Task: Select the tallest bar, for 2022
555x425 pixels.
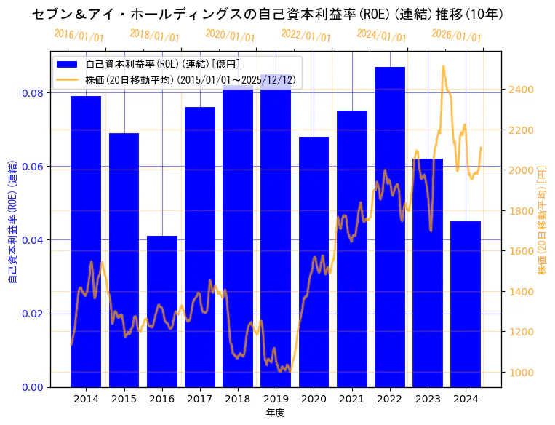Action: (390, 226)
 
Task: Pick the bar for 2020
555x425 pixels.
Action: (314, 261)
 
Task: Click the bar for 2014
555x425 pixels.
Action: (86, 241)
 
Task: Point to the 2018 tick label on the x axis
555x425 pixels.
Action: (238, 399)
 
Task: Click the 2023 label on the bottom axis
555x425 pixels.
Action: (428, 399)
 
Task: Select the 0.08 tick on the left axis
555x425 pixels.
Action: (33, 93)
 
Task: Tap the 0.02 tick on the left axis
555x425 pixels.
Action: (33, 314)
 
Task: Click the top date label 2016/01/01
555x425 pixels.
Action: (79, 35)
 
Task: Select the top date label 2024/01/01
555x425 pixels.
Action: (381, 35)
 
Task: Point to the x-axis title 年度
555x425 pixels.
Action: (276, 413)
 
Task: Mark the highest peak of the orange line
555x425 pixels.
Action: (444, 66)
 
